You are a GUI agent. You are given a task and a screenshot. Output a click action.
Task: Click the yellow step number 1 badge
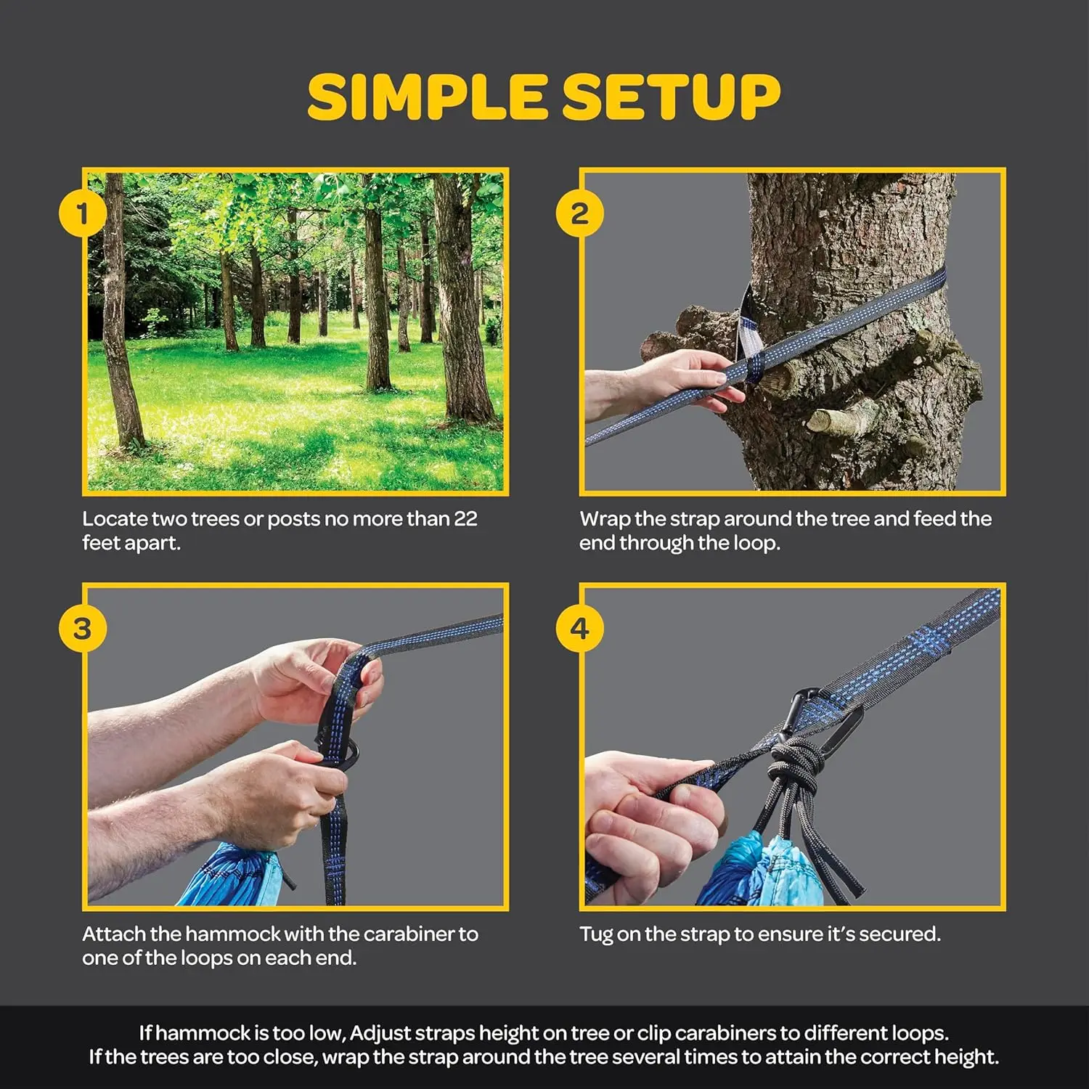tap(82, 214)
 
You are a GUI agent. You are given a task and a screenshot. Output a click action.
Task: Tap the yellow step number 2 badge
tap(579, 214)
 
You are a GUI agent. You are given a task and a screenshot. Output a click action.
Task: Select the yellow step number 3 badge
tap(82, 629)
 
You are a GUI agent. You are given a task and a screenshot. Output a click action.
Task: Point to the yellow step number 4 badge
tap(579, 629)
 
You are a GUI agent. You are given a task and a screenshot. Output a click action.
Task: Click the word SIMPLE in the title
tap(427, 97)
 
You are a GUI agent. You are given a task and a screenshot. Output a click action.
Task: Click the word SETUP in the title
tap(672, 97)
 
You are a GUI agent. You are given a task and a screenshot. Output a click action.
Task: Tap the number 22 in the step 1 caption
tap(465, 519)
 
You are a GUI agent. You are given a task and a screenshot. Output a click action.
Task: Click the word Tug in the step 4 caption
tap(596, 934)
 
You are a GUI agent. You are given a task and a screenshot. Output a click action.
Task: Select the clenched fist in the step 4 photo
tap(646, 820)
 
